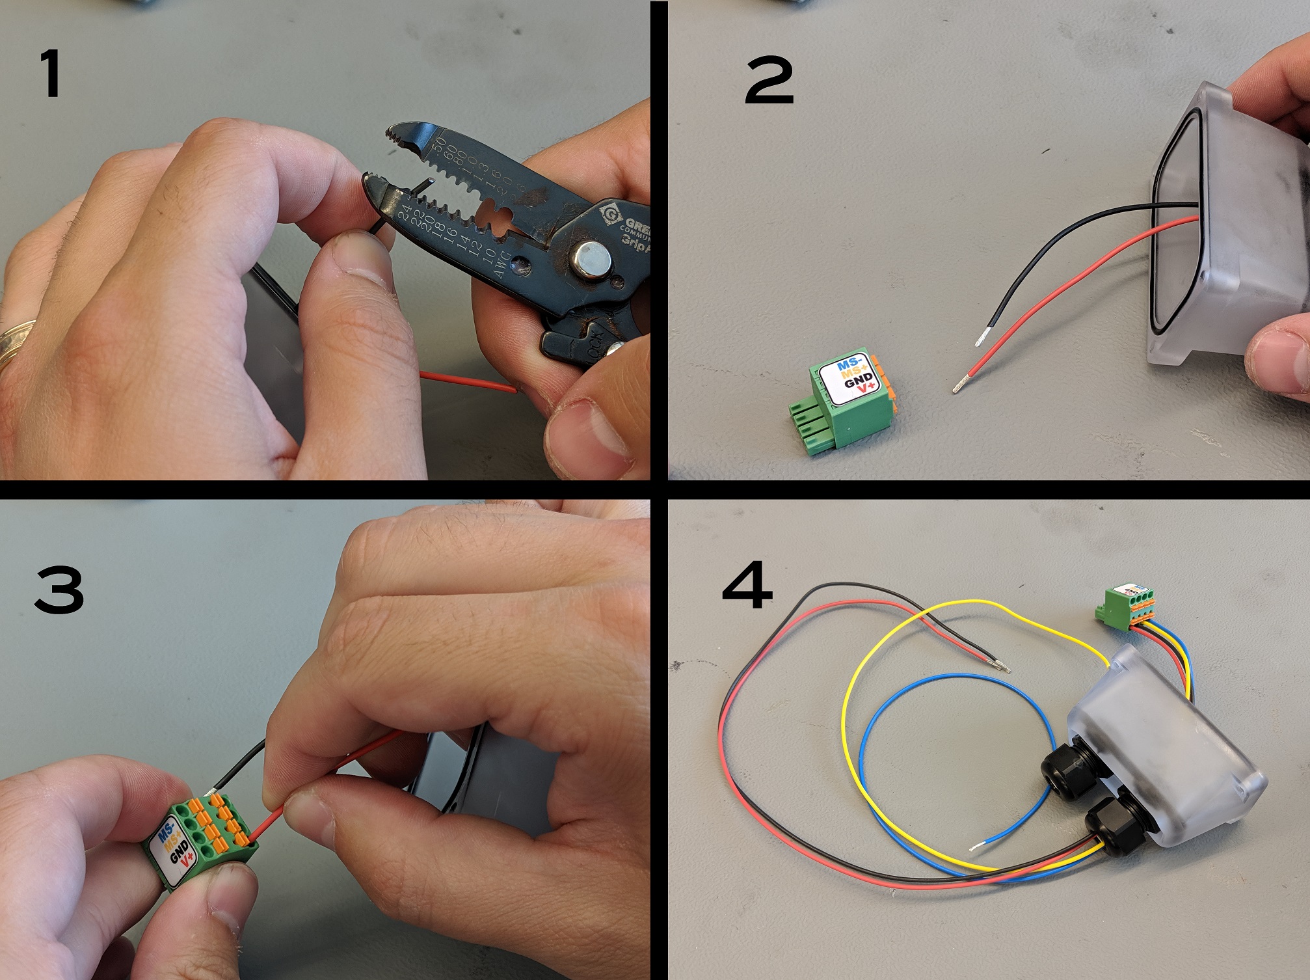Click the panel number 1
click(x=50, y=74)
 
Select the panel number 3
click(x=59, y=589)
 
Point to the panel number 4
click(x=747, y=587)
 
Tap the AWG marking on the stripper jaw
click(x=501, y=264)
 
